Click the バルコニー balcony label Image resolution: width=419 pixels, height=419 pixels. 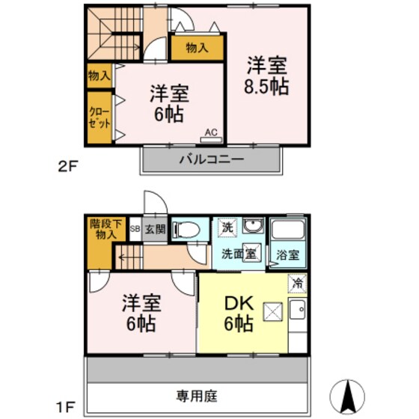tap(210, 159)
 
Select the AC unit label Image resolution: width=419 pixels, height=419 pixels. tap(211, 133)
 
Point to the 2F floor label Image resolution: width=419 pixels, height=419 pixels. tap(68, 168)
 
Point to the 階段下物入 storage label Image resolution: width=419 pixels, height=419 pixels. tap(103, 229)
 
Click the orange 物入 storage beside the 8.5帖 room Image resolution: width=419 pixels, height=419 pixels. tap(197, 48)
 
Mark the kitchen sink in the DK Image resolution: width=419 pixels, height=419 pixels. tap(297, 309)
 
